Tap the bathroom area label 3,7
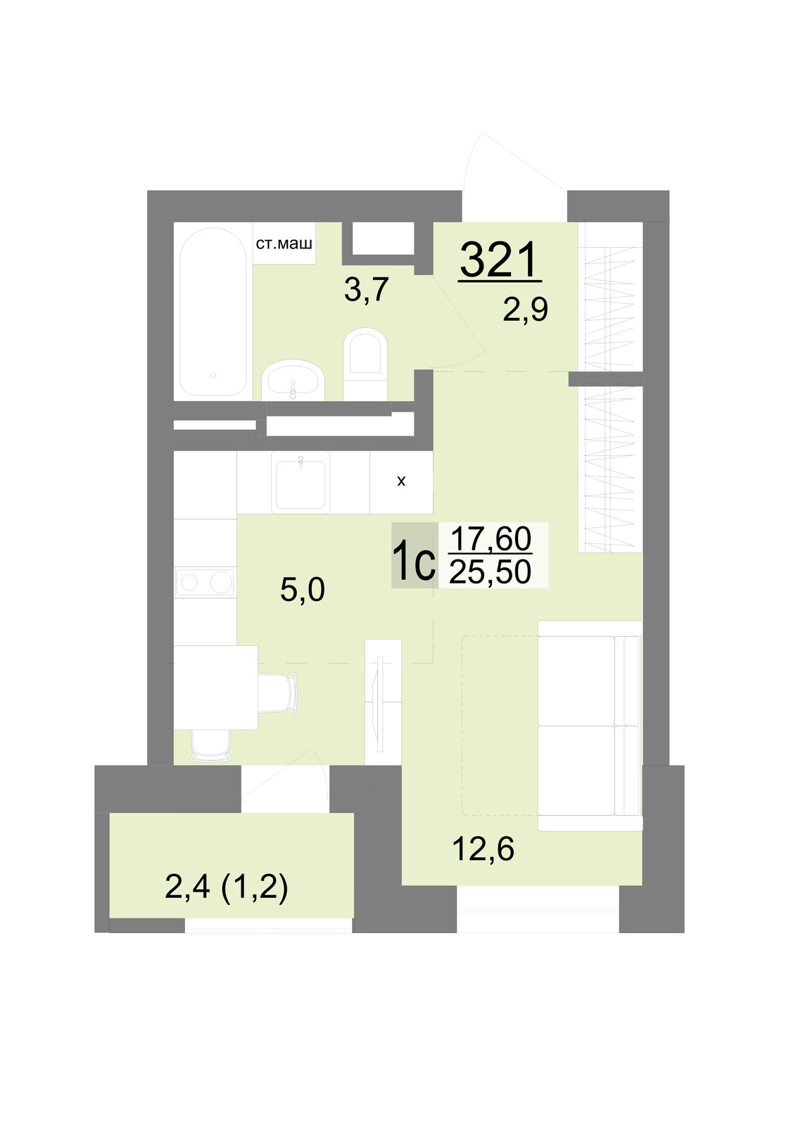pyautogui.click(x=367, y=290)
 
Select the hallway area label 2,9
pyautogui.click(x=526, y=310)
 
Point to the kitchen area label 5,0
pyautogui.click(x=303, y=590)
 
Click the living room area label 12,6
pyautogui.click(x=484, y=849)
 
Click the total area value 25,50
pyautogui.click(x=491, y=572)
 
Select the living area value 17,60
pyautogui.click(x=491, y=538)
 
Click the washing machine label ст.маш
pyautogui.click(x=284, y=243)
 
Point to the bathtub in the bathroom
pyautogui.click(x=213, y=312)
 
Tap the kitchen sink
pyautogui.click(x=301, y=482)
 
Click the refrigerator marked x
pyautogui.click(x=401, y=482)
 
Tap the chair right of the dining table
pyautogui.click(x=277, y=692)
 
